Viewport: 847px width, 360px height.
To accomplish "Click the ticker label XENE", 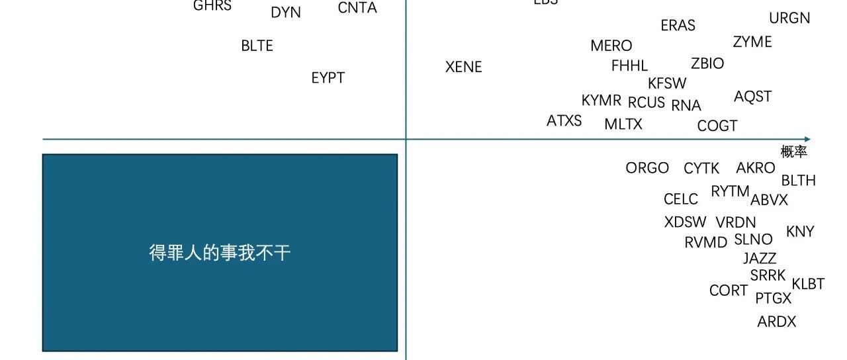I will (463, 67).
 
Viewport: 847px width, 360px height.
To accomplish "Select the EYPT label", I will (328, 77).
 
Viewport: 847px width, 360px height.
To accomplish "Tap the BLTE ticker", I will (257, 46).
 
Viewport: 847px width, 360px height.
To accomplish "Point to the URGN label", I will (789, 18).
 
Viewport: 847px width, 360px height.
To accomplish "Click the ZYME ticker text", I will (752, 42).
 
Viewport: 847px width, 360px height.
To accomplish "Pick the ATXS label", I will (564, 120).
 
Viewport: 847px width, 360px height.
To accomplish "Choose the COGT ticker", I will (717, 125).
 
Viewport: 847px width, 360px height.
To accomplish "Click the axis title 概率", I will (793, 152).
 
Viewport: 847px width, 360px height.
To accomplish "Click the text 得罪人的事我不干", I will (220, 253).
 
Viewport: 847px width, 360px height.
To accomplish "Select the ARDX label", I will (776, 322).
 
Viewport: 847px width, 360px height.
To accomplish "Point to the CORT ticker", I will (728, 291).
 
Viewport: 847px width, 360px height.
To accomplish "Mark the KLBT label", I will (808, 284).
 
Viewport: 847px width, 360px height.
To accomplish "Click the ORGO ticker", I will (646, 168).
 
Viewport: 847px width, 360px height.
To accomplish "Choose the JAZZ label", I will (759, 258).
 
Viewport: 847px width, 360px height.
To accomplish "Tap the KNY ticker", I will (799, 232).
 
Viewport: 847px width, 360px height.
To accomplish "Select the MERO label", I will (611, 46).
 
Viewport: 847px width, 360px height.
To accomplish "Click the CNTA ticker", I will (357, 8).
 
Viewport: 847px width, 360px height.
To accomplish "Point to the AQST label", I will (752, 97).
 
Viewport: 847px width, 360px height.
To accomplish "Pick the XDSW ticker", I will (685, 222).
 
